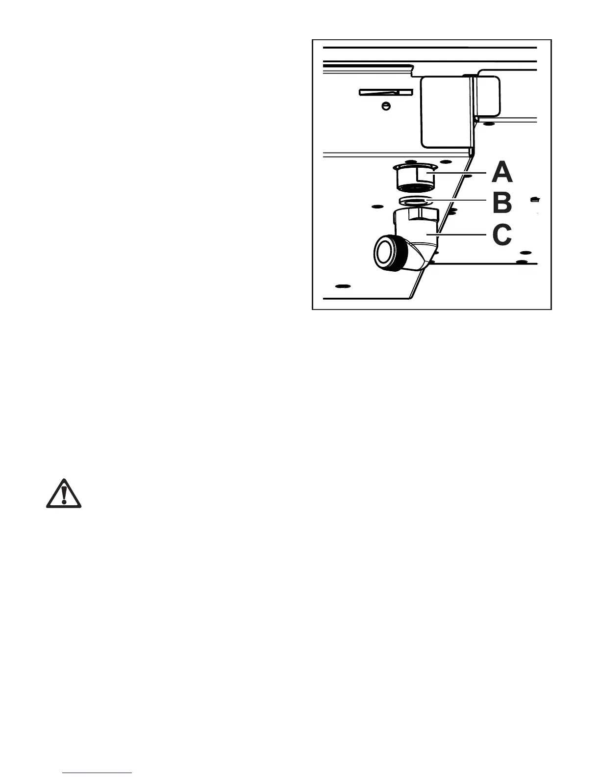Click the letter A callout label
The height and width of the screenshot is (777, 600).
click(x=502, y=173)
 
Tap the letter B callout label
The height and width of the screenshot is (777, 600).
click(x=502, y=203)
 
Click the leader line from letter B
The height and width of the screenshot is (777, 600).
click(x=458, y=200)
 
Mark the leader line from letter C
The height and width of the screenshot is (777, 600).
click(x=458, y=234)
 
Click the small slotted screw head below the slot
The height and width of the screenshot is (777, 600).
click(x=386, y=105)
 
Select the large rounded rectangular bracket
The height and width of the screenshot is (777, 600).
click(x=446, y=111)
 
